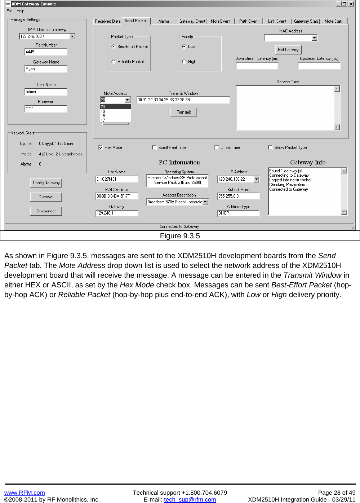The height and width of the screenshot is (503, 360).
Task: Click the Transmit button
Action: (183, 112)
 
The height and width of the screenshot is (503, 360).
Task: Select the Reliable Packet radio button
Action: (114, 62)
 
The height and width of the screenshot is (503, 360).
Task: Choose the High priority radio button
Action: (184, 62)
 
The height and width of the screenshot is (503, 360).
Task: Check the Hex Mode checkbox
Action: (101, 147)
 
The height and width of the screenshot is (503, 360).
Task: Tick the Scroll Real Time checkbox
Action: (155, 147)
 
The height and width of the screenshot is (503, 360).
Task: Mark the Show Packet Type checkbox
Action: (271, 147)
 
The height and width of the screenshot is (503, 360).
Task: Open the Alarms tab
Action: (164, 21)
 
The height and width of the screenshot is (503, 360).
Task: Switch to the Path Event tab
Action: (249, 21)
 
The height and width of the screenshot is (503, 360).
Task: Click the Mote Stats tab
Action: (334, 21)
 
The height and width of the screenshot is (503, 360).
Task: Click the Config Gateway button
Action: (46, 183)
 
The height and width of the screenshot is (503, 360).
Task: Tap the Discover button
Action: (46, 197)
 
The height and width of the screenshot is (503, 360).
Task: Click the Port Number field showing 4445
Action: (46, 52)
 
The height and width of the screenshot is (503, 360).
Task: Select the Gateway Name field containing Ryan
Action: (46, 69)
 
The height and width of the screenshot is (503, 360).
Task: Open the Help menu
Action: (20, 11)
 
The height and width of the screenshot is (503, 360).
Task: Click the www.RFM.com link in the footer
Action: (25, 493)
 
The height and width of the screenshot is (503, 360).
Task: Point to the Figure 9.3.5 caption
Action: (180, 236)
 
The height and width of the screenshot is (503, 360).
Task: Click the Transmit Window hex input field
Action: (183, 100)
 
